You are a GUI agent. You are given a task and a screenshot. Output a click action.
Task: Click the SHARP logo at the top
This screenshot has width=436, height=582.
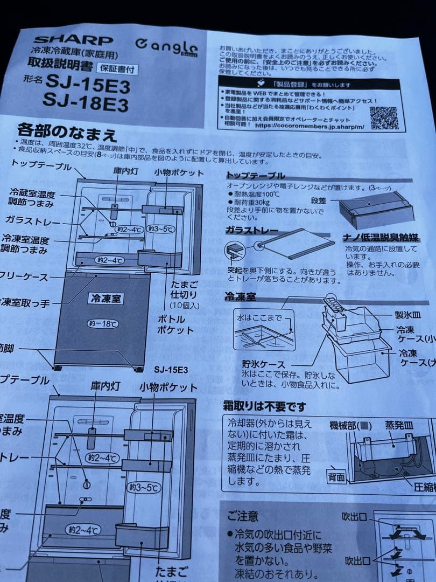point(73,40)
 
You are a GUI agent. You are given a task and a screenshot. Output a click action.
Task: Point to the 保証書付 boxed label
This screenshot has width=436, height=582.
point(116,68)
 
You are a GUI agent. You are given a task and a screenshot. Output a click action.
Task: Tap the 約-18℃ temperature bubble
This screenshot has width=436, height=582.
point(103,323)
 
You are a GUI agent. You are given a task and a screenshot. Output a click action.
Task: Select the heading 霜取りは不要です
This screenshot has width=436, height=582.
point(264,406)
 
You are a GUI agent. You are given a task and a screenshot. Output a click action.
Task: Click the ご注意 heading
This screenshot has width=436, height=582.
point(242,516)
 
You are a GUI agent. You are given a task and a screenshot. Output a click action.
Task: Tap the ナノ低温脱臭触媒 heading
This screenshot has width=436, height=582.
point(381,238)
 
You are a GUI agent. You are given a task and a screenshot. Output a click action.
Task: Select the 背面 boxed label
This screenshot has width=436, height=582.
point(337,476)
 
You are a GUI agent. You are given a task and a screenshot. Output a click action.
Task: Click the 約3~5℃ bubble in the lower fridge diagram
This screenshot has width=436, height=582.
point(144,488)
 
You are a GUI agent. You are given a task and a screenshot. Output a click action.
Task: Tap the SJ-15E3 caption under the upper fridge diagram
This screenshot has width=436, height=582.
point(171,370)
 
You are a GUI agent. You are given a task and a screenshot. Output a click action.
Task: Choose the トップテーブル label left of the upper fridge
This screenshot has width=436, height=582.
point(41,166)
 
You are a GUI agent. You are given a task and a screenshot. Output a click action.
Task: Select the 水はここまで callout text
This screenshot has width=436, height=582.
point(259,318)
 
